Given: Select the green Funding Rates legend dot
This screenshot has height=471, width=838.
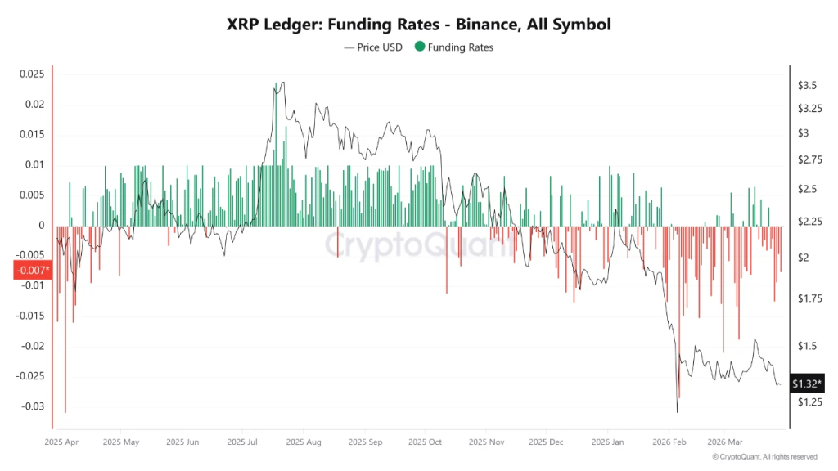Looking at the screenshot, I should click(x=420, y=47).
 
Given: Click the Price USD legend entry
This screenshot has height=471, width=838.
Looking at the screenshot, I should click(x=375, y=47).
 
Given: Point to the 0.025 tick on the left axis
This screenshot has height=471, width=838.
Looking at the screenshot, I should click(x=31, y=74).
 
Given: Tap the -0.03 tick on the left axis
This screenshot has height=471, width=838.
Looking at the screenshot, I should click(x=31, y=406).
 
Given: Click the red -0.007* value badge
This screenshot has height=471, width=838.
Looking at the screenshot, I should click(x=32, y=271).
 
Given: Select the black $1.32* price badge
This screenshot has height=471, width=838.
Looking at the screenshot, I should click(x=808, y=383).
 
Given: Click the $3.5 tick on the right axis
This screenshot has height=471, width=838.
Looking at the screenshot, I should click(x=806, y=85).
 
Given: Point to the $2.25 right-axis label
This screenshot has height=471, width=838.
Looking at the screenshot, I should click(x=809, y=222).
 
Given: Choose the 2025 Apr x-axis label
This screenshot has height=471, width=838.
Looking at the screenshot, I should click(x=61, y=442).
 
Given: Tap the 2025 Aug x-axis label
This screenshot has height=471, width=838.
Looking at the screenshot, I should click(x=304, y=442).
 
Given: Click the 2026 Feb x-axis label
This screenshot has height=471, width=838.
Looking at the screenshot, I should click(x=669, y=442).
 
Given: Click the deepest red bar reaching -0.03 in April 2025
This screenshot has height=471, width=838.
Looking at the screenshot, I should click(x=65, y=409).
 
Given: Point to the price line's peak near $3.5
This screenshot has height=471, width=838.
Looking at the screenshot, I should click(x=282, y=83).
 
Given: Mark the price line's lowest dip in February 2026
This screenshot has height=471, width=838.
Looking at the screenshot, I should click(x=678, y=411).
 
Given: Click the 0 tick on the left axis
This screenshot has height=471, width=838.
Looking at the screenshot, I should click(x=40, y=225).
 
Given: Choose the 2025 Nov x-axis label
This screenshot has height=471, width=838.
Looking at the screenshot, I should click(x=485, y=442).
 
